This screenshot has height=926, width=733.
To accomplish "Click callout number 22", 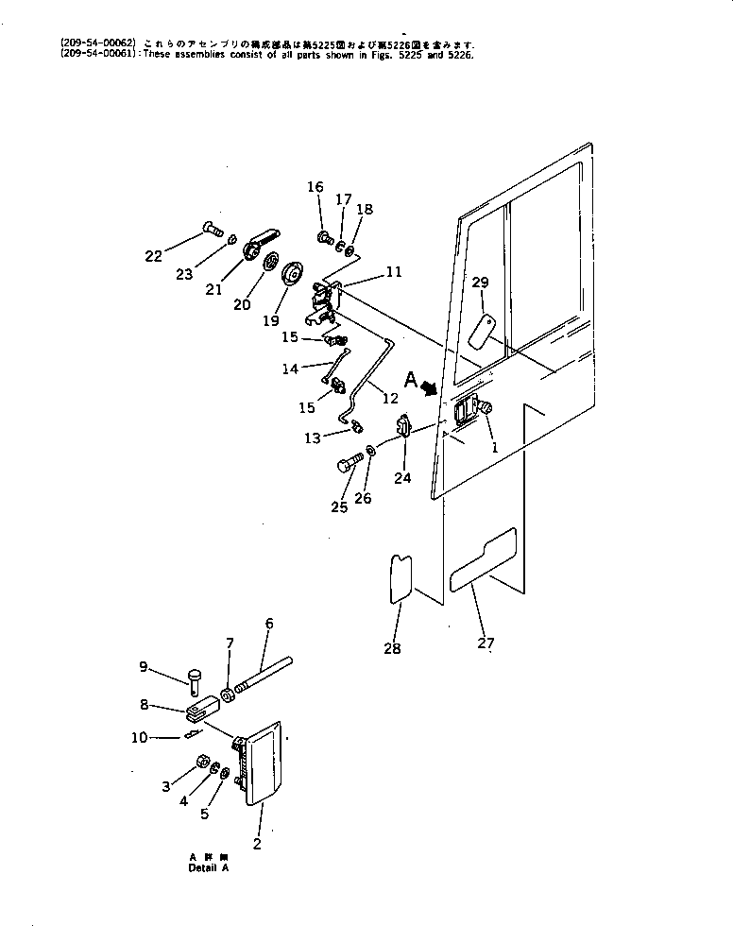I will pyautogui.click(x=153, y=255).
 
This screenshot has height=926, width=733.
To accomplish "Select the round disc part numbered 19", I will pyautogui.click(x=295, y=275).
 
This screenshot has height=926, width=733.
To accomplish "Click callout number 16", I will pyautogui.click(x=315, y=187).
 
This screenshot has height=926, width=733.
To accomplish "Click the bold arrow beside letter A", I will pyautogui.click(x=429, y=386).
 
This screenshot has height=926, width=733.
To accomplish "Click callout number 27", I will pyautogui.click(x=486, y=643).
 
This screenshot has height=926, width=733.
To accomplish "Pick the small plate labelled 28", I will pyautogui.click(x=401, y=577).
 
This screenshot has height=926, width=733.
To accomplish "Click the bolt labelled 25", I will pyautogui.click(x=349, y=464).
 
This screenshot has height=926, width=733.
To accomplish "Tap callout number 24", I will pyautogui.click(x=402, y=478).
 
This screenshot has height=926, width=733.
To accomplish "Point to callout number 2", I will pyautogui.click(x=256, y=844).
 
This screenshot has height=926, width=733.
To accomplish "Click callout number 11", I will pyautogui.click(x=393, y=272).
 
